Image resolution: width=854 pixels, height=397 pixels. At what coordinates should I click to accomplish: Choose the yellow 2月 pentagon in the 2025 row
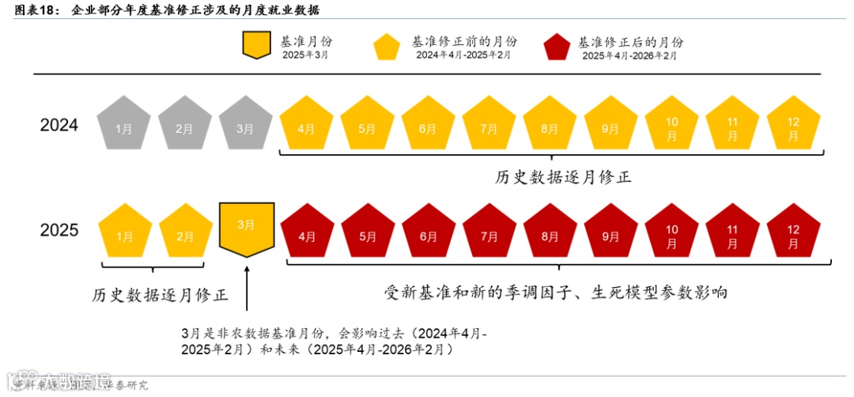pyautogui.click(x=185, y=233)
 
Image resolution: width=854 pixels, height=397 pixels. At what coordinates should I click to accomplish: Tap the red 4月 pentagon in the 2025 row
pyautogui.click(x=307, y=233)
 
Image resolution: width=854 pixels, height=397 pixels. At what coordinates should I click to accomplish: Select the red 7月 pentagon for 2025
pyautogui.click(x=489, y=233)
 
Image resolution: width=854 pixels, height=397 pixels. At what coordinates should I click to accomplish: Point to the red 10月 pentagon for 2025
pyautogui.click(x=672, y=233)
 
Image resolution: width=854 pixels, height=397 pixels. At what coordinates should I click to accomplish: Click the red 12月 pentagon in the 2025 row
pyautogui.click(x=793, y=233)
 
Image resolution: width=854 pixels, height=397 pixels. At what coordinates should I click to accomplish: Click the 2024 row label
pyautogui.click(x=59, y=125)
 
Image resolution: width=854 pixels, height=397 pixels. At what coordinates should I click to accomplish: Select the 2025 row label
pyautogui.click(x=59, y=230)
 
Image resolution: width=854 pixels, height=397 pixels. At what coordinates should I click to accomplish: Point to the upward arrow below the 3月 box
pyautogui.click(x=247, y=289)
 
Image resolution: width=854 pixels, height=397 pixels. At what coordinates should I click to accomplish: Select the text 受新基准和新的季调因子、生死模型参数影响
pyautogui.click(x=555, y=293)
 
